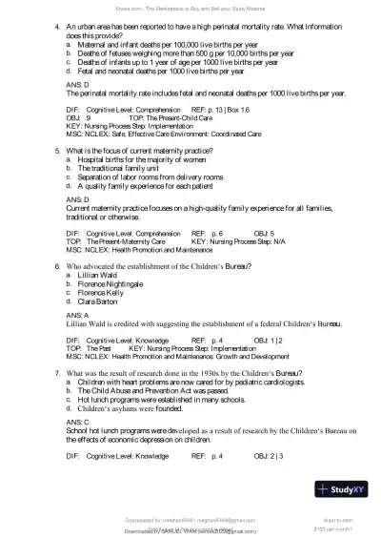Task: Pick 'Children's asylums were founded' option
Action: click(134, 407)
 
